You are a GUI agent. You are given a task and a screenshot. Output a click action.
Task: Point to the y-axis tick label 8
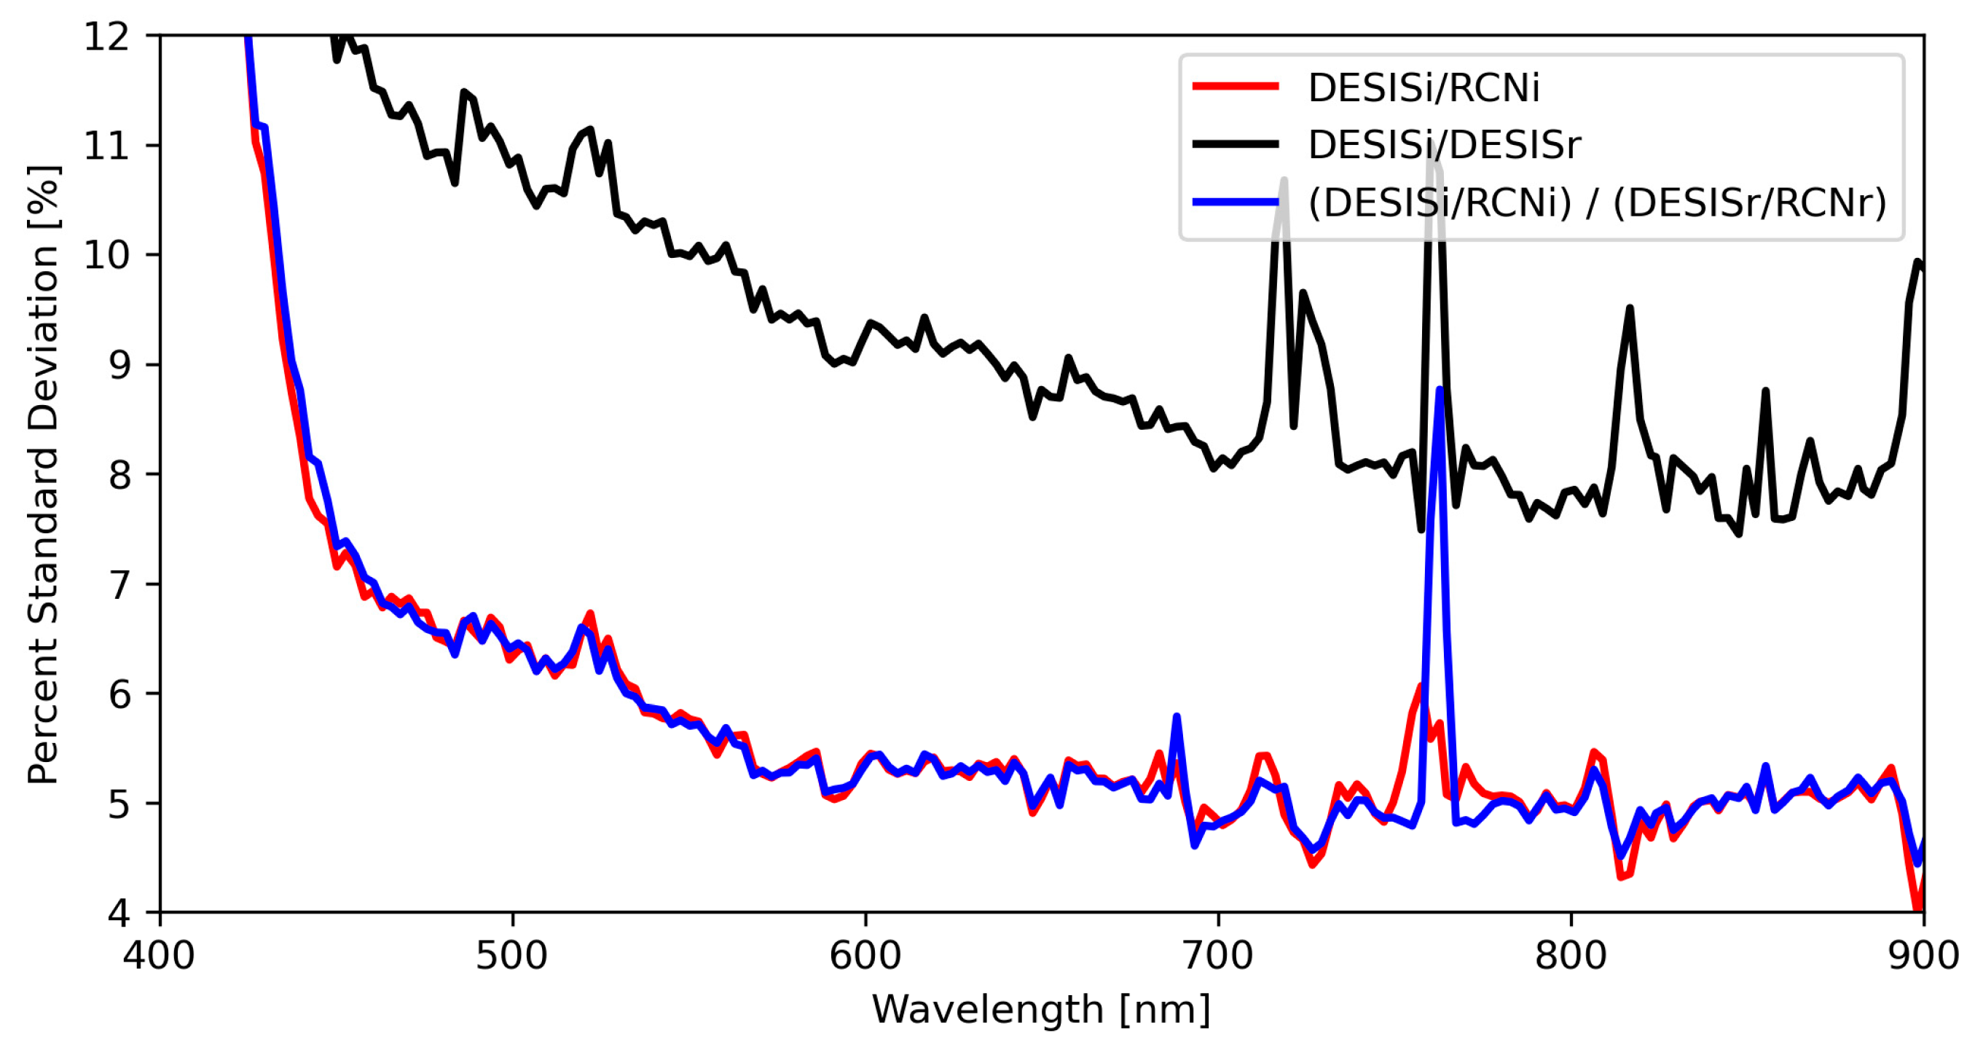click(119, 475)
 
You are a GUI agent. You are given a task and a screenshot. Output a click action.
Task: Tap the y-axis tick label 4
click(119, 914)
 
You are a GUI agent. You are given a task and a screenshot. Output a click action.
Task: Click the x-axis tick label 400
click(159, 957)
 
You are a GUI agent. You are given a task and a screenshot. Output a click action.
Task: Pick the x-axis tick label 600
click(865, 957)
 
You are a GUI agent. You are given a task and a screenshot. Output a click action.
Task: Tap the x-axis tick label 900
click(1923, 957)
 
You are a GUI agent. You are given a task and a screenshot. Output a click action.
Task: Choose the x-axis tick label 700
click(1217, 957)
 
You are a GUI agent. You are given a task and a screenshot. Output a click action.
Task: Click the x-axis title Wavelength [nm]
click(1041, 1010)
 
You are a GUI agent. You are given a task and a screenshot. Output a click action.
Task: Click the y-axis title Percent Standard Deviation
click(44, 475)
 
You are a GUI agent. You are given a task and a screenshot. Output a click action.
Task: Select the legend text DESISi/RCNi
click(1423, 87)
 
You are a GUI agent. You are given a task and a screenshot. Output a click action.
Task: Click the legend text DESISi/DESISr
click(1444, 145)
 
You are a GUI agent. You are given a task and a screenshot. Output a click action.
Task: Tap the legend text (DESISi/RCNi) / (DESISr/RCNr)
click(1596, 203)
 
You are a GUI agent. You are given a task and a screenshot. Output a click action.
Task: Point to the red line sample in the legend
click(1235, 87)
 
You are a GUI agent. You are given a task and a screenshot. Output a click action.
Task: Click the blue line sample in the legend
click(1235, 203)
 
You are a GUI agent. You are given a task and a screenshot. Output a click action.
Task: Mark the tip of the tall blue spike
click(1440, 390)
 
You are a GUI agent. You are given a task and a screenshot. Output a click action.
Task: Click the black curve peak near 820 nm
click(1629, 308)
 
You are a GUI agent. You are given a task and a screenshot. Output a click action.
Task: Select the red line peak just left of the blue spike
click(1420, 687)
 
